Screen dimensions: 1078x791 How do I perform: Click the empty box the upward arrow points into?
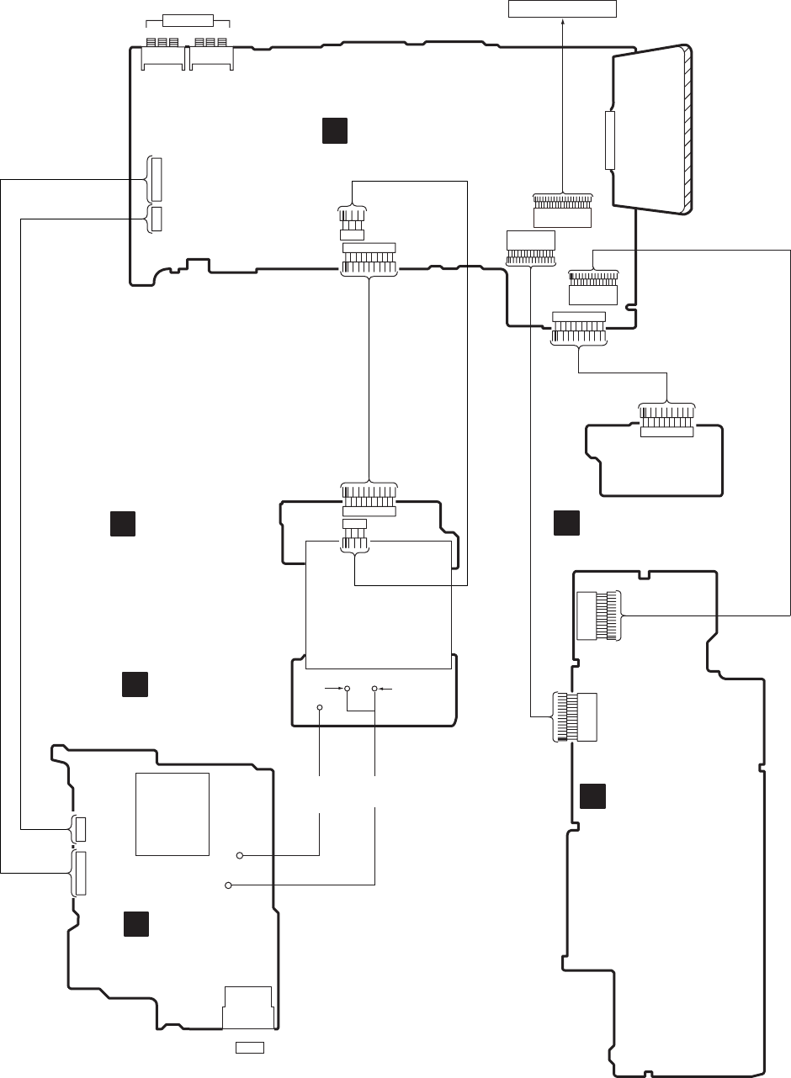562,8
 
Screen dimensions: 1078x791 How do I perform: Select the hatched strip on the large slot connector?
688,130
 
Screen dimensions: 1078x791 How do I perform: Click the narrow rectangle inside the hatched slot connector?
610,139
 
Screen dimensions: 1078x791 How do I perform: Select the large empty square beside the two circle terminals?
172,813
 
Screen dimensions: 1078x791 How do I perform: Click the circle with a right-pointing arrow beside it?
347,690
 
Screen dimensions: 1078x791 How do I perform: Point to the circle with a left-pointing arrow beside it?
374,690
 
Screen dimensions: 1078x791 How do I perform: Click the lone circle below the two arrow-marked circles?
320,707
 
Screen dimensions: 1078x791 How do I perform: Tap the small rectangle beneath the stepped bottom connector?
250,1047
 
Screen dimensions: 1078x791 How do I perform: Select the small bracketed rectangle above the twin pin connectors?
188,20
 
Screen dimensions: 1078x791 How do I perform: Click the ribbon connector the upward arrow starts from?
562,201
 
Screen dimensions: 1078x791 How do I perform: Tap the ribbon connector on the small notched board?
666,420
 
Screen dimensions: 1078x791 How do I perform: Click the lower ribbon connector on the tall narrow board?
576,716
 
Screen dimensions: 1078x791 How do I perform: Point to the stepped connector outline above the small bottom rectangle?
247,1007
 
